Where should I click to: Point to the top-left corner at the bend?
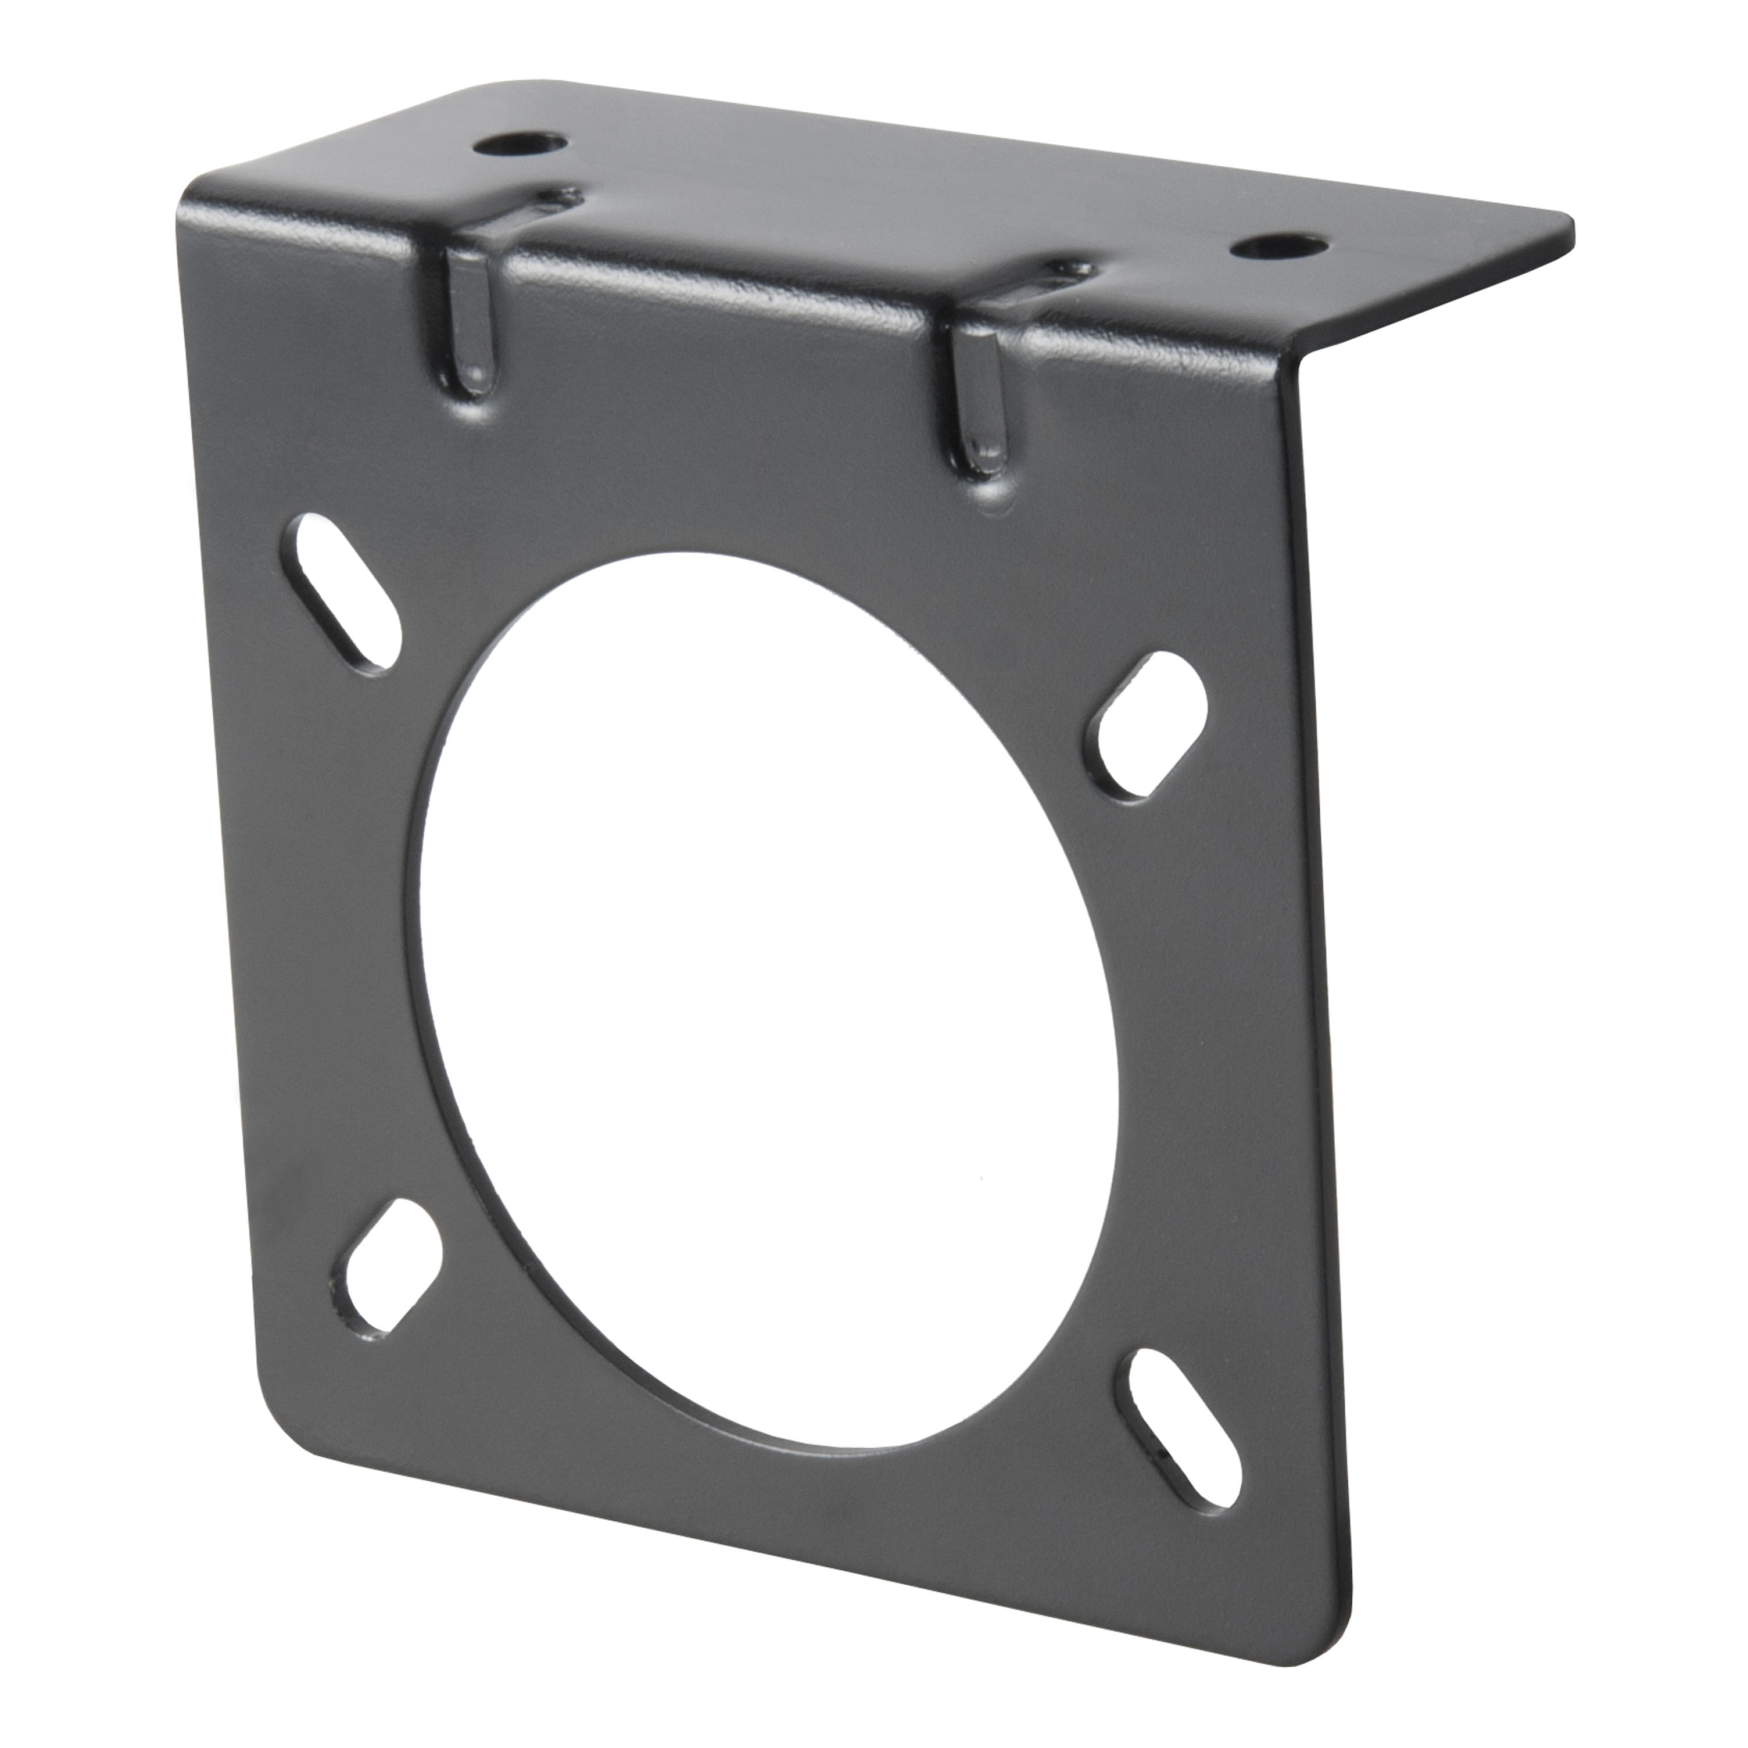[195, 195]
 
